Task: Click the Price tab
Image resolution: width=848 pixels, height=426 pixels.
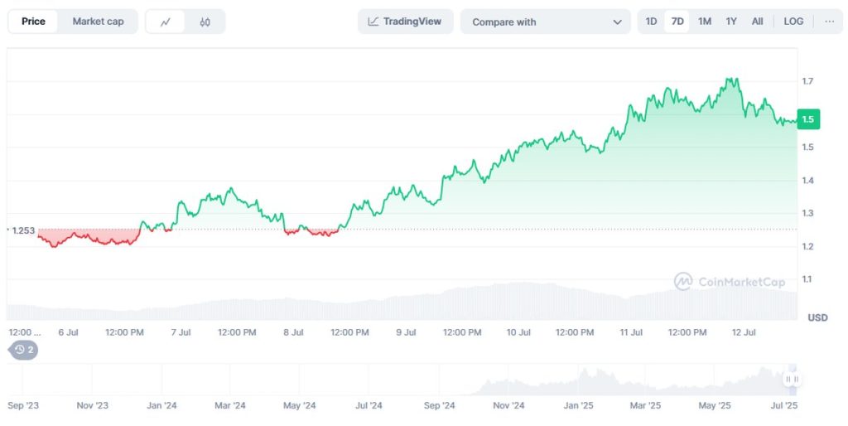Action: point(33,22)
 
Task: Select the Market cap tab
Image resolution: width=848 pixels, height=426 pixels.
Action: point(98,22)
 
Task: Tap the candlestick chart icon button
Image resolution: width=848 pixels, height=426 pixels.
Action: point(205,22)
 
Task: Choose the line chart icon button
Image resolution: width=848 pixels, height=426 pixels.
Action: point(166,22)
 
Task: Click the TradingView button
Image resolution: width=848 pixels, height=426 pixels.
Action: point(405,22)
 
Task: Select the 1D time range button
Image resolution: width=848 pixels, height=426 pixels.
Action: point(651,22)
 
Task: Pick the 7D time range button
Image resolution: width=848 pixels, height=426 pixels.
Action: point(677,22)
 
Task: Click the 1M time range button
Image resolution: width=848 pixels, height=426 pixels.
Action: point(704,22)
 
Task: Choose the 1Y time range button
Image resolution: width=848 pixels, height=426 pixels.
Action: point(731,22)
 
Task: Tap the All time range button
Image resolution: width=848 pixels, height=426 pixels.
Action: point(757,22)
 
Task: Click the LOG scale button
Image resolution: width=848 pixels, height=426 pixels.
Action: point(793,22)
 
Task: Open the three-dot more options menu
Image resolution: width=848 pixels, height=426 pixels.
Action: point(829,22)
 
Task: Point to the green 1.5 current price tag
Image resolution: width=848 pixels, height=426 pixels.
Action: point(807,119)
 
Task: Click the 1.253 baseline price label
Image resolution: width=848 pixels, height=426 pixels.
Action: point(23,230)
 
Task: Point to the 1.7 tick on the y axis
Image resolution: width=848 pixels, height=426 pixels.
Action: point(807,81)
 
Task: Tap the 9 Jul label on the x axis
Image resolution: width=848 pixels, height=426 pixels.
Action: point(405,332)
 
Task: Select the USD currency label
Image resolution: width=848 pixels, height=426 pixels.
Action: point(817,317)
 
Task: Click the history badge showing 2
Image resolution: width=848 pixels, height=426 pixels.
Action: point(24,350)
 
